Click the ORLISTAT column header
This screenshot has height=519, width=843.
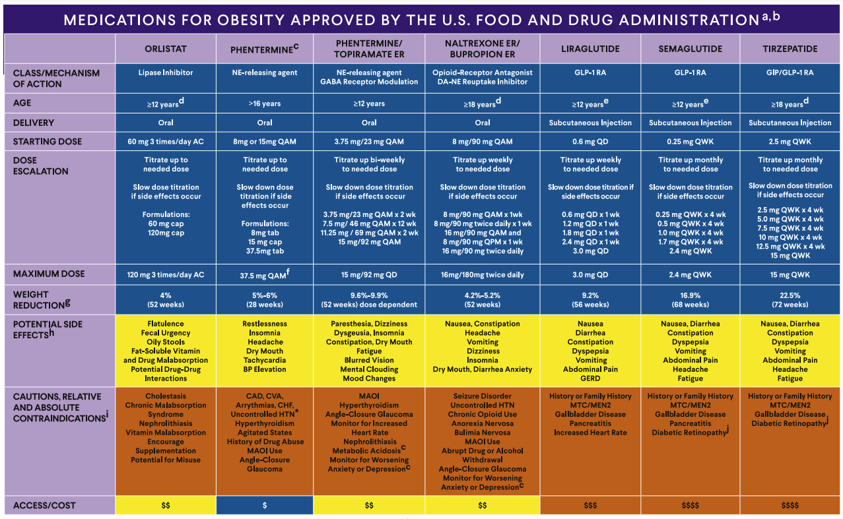[166, 49]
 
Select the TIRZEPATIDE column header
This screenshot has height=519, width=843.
[790, 49]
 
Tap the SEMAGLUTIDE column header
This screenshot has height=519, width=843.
[691, 49]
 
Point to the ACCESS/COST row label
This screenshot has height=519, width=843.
[44, 505]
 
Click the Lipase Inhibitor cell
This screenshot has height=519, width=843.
[166, 73]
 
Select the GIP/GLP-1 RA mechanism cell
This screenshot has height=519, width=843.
[790, 73]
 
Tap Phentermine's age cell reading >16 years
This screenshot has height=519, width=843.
[265, 104]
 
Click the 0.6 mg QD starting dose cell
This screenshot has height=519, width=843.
[590, 141]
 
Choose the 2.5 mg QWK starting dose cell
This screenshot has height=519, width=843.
[790, 141]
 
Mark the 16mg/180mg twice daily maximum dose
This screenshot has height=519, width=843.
[483, 274]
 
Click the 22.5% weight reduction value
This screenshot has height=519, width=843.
[790, 295]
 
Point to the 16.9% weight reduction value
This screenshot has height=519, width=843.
[691, 295]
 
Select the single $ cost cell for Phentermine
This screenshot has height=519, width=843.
[265, 505]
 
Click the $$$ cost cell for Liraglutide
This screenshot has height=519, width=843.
[590, 505]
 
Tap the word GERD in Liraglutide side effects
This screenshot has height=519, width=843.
[590, 379]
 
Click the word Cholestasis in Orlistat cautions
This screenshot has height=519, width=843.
[166, 396]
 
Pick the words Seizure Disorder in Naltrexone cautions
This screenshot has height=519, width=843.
[483, 396]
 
